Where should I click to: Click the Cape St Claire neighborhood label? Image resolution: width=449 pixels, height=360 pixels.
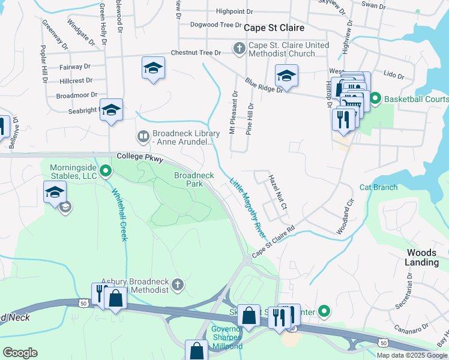(x=274, y=28)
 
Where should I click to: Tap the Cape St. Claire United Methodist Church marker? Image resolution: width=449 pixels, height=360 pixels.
(x=239, y=47)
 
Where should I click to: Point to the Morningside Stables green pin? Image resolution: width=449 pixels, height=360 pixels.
(x=106, y=172)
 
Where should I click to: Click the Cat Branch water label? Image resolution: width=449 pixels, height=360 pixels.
(x=378, y=187)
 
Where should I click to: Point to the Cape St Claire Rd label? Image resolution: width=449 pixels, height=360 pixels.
(x=274, y=242)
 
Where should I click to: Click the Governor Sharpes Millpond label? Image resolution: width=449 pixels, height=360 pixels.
(x=227, y=337)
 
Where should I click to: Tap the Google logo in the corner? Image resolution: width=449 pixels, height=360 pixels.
(x=20, y=352)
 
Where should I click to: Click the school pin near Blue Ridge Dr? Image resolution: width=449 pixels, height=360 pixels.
(x=286, y=76)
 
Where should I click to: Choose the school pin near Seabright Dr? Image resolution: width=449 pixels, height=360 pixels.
(x=111, y=109)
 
